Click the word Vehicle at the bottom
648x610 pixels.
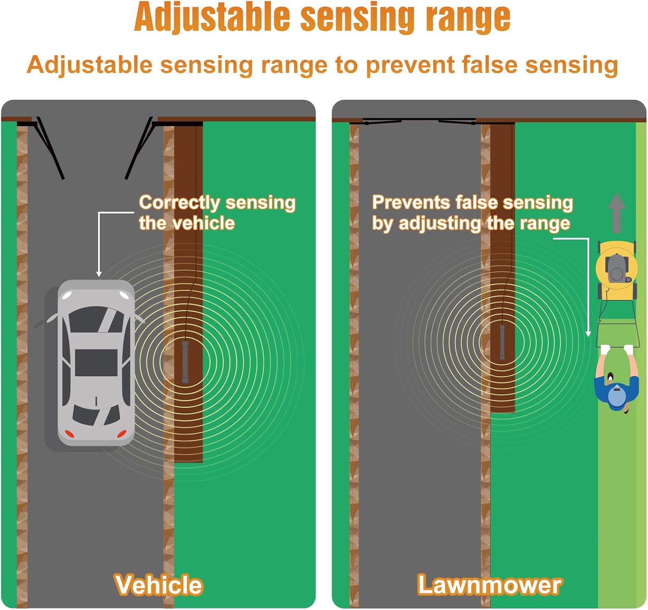[x=158, y=585]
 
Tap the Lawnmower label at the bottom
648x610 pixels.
[x=489, y=585]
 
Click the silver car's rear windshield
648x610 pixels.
[x=96, y=415]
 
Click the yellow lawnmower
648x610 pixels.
[x=616, y=270]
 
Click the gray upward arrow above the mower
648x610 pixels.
[x=616, y=212]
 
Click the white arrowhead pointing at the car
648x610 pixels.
[x=99, y=274]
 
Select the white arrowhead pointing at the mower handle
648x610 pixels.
[x=588, y=334]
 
